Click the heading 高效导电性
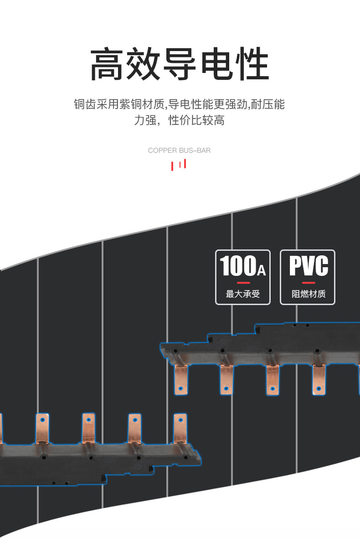coord(180,66)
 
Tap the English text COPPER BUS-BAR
coord(179,150)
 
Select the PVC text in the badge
coord(309,266)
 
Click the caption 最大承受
coord(242,294)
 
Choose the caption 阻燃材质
coord(309,294)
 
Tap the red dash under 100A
coord(243,282)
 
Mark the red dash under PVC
coord(309,282)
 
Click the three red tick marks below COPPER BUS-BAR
coord(179,164)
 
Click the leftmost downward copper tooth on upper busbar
coord(181,378)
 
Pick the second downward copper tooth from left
coord(226,378)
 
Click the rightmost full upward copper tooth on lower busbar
coord(180,429)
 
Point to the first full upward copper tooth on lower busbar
coord(42,429)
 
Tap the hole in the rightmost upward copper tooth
coord(180,420)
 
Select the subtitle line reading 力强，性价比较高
coord(179,121)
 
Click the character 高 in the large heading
coord(108,66)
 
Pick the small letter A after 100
coord(261,271)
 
